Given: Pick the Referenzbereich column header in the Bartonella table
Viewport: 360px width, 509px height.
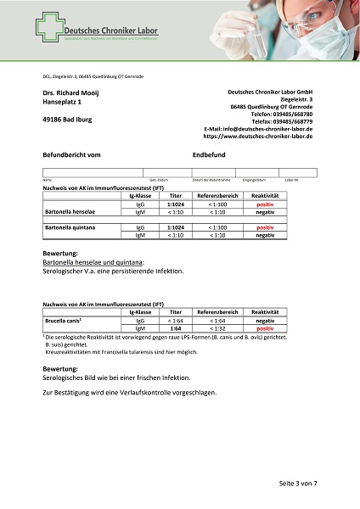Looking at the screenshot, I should pos(218,196).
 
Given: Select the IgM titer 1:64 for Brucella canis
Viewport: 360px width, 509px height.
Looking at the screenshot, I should pos(176,328).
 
